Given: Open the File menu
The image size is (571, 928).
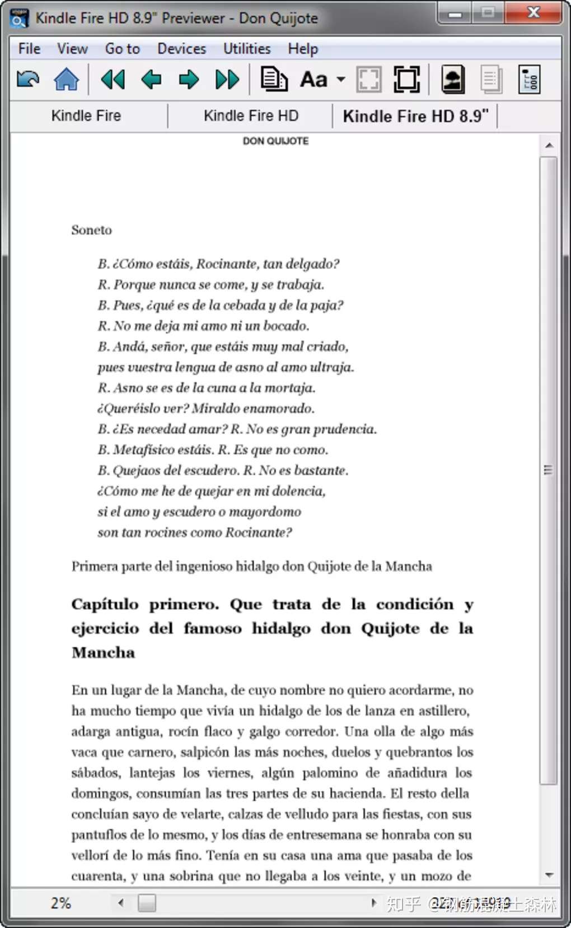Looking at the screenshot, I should [x=29, y=49].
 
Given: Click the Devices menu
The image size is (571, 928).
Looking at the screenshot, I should [x=181, y=49].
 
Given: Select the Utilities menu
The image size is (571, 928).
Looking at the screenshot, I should [x=247, y=49].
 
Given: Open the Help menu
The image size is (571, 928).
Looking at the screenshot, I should [x=303, y=49].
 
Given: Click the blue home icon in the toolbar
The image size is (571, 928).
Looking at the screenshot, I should [x=66, y=79].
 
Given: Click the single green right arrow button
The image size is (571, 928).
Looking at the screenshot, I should [x=189, y=80].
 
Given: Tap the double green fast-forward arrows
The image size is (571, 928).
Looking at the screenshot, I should [x=227, y=80].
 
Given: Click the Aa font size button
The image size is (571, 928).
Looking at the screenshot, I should [x=314, y=80].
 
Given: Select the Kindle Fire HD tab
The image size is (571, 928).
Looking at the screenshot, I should [x=251, y=116].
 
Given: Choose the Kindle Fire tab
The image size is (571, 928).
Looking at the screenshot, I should [x=86, y=116].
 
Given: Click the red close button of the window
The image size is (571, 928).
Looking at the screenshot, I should [x=533, y=12].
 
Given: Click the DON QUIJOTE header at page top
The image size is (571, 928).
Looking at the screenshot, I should [x=275, y=141].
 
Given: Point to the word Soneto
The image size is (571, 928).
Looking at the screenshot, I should [x=91, y=230].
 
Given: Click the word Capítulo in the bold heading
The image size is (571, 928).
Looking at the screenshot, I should [x=105, y=604].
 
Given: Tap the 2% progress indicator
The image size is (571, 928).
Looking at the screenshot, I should [x=60, y=903].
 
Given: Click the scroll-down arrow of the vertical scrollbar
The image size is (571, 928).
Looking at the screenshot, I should [x=549, y=875].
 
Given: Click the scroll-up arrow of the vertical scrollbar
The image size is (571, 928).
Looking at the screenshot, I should [x=549, y=146].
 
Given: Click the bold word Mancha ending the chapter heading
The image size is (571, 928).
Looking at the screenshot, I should [x=104, y=653].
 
